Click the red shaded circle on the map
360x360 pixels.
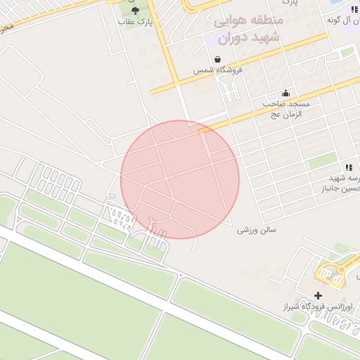180,179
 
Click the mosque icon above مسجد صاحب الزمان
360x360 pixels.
285,93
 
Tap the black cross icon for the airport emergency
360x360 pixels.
319,296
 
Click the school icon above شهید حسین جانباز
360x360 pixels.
348,167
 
